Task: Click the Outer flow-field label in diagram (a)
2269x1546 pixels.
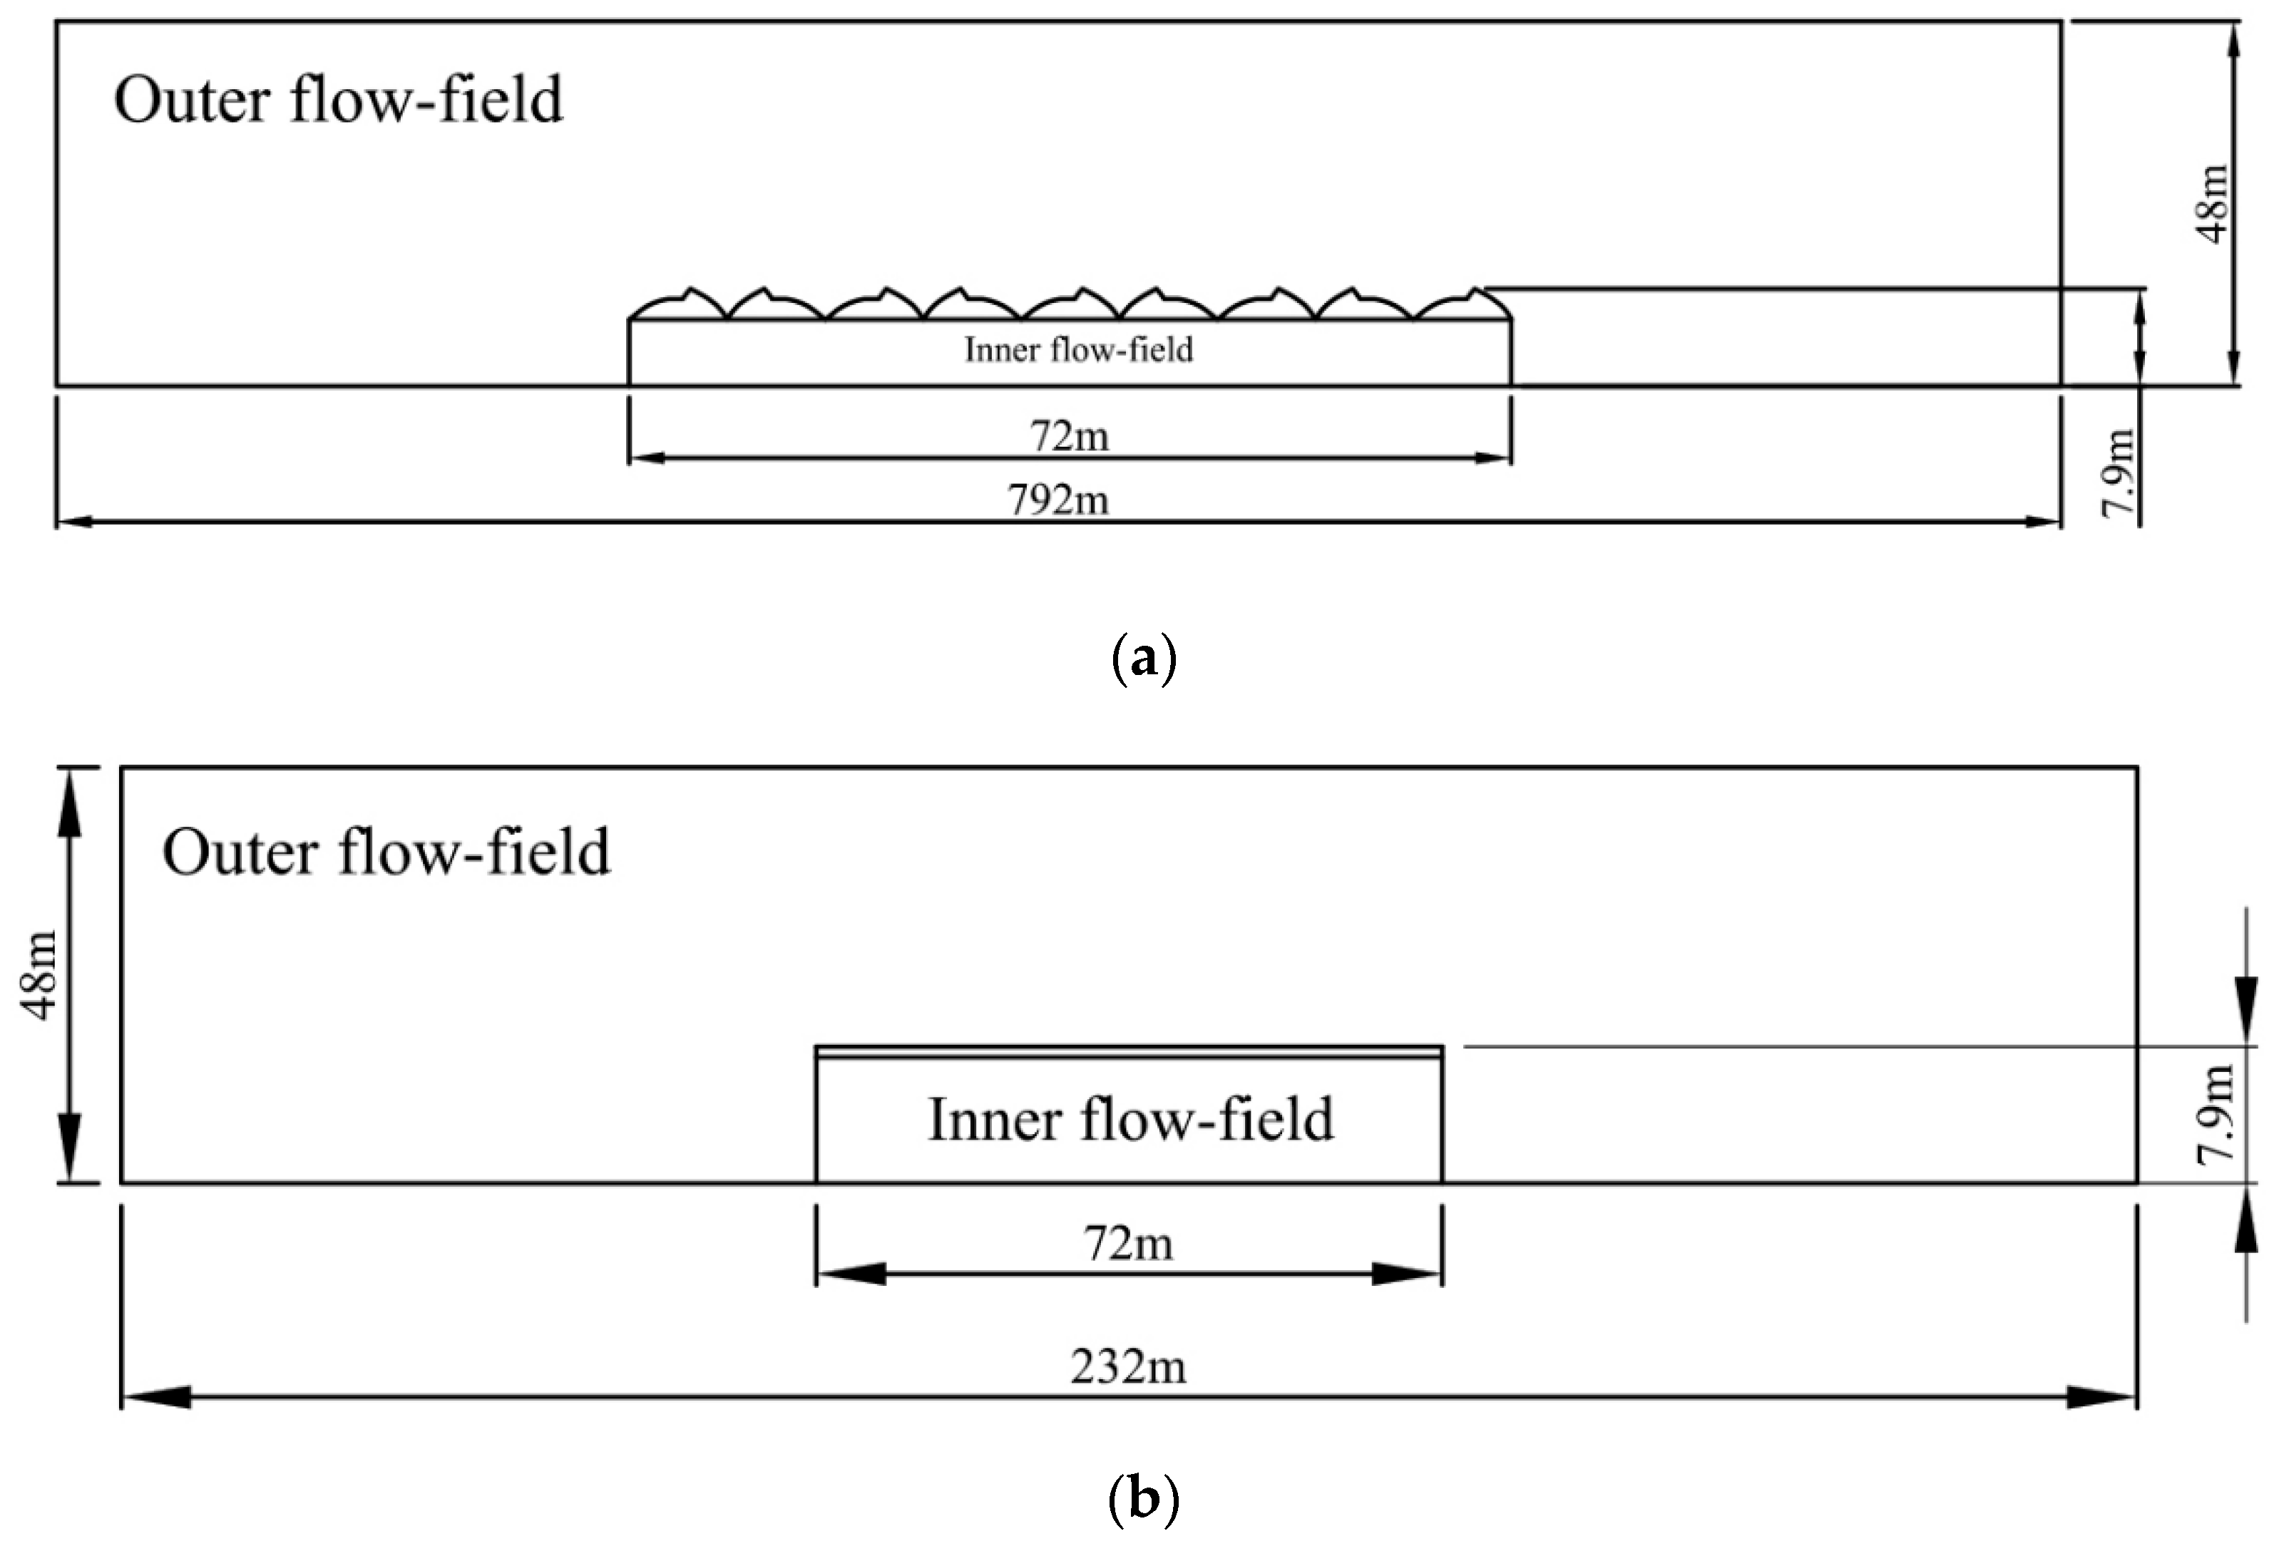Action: [x=338, y=100]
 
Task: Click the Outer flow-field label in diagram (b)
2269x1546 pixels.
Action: [x=386, y=852]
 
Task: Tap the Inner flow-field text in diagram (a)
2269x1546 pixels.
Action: [x=1078, y=349]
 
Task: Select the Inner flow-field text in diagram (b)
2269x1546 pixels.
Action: [x=1130, y=1120]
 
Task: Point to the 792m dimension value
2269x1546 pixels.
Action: [x=1058, y=500]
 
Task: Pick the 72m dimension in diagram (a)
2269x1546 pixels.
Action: [x=1069, y=436]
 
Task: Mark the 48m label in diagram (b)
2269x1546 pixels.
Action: [x=41, y=976]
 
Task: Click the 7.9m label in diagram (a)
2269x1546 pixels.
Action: [x=2119, y=473]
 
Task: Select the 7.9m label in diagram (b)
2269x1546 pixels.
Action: [x=2216, y=1113]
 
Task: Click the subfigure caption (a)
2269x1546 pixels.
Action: [x=1143, y=661]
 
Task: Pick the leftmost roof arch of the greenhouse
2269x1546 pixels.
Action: [x=677, y=304]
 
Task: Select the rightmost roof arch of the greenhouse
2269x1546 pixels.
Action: [x=1463, y=304]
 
